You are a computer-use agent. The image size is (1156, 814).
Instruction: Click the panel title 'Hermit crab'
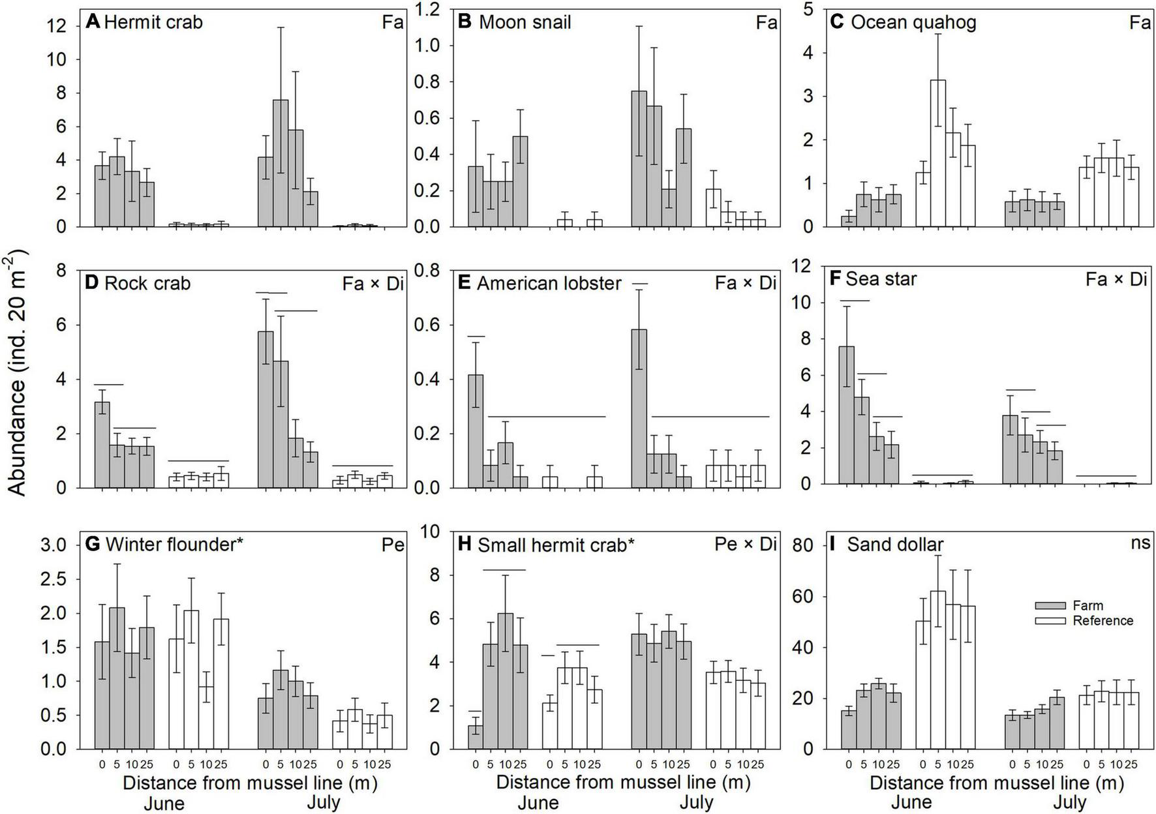click(153, 23)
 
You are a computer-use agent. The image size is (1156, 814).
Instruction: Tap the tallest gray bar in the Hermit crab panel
click(281, 163)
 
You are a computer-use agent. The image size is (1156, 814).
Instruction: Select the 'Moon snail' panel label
click(525, 23)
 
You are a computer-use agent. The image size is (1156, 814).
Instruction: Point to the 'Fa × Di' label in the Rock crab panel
click(373, 284)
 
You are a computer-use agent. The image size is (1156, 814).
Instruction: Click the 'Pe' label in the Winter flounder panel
click(393, 545)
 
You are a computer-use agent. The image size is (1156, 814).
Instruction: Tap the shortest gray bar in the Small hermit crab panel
click(476, 737)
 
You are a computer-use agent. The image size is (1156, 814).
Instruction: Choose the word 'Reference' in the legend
click(1103, 621)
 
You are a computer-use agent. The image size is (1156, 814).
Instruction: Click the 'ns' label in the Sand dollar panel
click(1140, 543)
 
